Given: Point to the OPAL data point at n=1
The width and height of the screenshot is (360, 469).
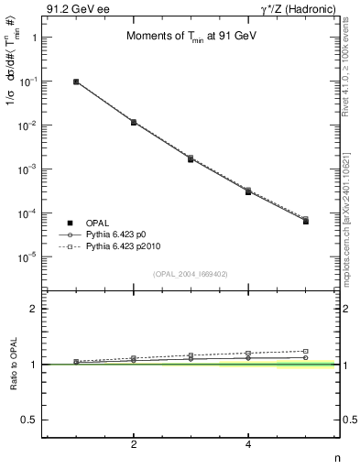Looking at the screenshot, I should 76,82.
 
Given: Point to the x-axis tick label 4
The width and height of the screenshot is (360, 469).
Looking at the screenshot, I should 248,446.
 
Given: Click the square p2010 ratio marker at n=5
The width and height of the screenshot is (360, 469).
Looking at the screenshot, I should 306,351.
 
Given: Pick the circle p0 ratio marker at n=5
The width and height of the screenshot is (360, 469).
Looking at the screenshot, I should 306,357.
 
